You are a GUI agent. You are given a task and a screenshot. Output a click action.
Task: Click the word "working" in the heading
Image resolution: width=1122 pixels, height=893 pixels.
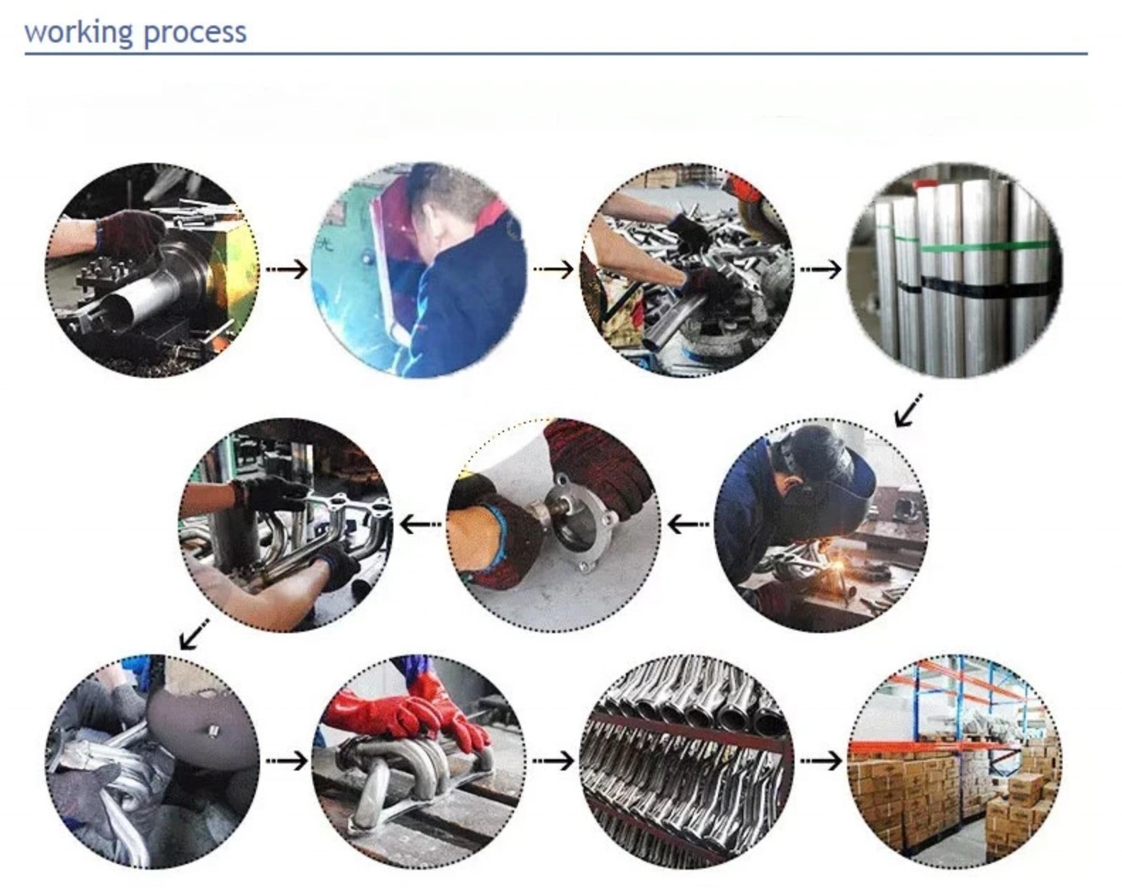(79, 33)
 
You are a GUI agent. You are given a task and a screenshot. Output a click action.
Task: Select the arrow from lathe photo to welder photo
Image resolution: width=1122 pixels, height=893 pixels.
(287, 269)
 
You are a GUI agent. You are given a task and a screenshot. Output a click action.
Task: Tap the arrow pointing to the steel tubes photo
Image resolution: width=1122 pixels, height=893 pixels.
(821, 269)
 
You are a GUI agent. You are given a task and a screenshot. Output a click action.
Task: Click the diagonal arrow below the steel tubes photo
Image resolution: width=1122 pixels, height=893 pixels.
(908, 410)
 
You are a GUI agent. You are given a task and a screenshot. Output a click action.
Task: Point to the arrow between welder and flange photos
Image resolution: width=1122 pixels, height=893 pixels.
(688, 523)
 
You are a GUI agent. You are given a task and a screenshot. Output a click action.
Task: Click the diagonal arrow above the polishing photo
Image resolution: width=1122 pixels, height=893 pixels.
(194, 635)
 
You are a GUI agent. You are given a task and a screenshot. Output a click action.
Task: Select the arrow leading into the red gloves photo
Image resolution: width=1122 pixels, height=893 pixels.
(287, 761)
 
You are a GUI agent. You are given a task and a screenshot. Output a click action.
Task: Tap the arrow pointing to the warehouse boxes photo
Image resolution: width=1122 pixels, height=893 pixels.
(821, 761)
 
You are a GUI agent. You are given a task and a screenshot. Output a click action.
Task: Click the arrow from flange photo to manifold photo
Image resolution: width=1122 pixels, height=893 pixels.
(421, 523)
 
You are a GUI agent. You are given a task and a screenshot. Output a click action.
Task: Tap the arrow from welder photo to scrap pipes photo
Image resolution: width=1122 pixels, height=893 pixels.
(554, 269)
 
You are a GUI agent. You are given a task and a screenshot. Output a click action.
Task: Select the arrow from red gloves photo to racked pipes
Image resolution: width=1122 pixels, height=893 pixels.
(554, 761)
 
